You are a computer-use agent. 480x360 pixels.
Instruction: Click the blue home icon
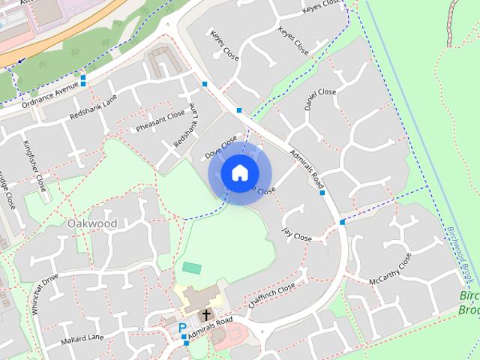(238, 173)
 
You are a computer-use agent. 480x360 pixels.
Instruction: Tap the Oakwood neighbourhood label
(92, 223)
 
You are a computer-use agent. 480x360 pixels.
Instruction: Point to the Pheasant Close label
(160, 121)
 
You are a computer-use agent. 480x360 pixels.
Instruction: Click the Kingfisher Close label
(35, 166)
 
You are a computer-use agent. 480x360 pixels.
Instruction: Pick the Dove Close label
(221, 146)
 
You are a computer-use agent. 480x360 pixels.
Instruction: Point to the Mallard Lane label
(83, 340)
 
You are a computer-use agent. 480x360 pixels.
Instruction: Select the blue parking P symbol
(182, 328)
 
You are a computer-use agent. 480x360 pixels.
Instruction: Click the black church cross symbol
(205, 316)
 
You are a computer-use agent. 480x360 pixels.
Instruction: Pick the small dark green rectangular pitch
(192, 267)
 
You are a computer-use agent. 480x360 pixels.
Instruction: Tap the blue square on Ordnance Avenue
(83, 78)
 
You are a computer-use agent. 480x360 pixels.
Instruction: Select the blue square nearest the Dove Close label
(239, 110)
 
